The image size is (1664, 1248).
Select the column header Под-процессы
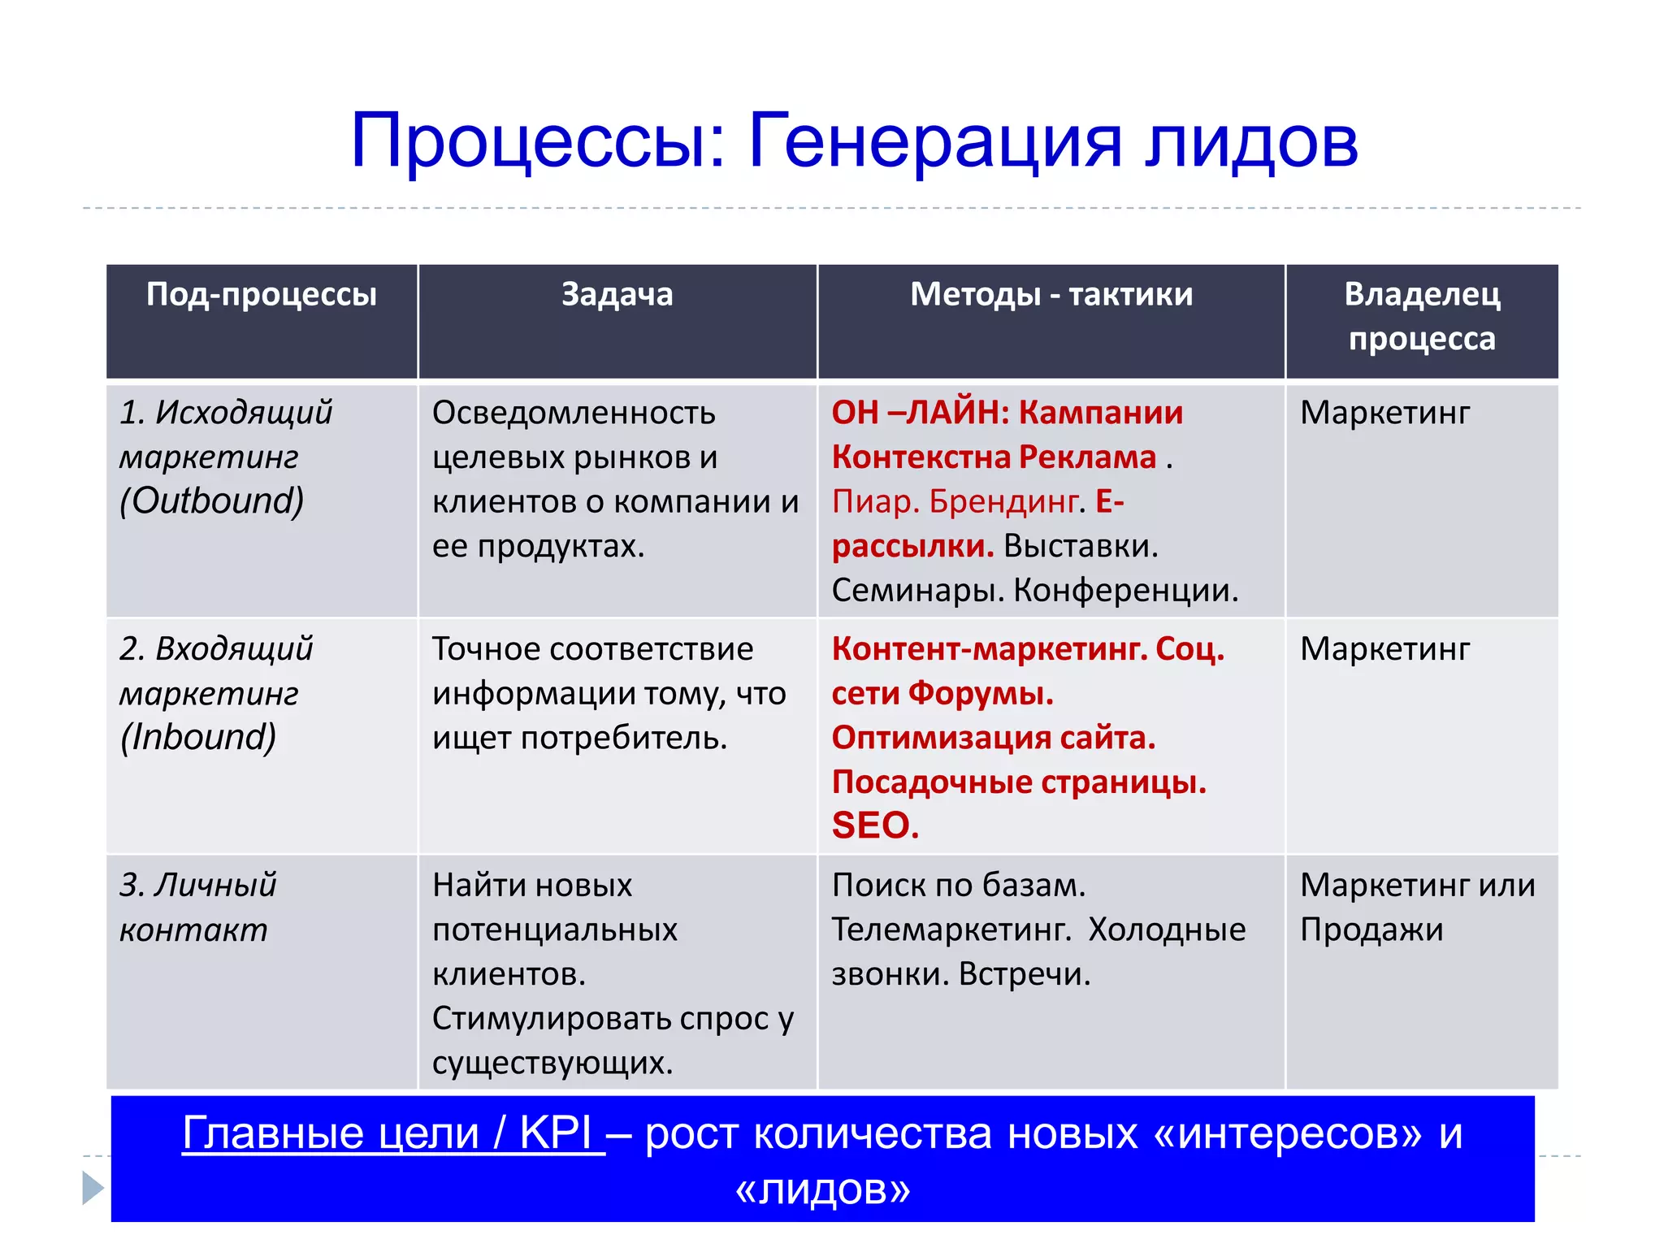(x=262, y=294)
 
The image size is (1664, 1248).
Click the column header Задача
(x=617, y=294)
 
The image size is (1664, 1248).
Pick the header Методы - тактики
(x=1051, y=294)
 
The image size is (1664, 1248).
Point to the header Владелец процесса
(x=1421, y=316)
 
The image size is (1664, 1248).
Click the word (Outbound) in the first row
(x=212, y=501)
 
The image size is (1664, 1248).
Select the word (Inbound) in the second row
(x=198, y=737)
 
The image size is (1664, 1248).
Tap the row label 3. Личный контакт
(x=197, y=907)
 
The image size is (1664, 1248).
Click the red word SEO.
(x=875, y=825)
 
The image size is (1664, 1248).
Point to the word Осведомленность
(x=574, y=413)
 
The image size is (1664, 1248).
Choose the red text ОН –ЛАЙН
(x=919, y=413)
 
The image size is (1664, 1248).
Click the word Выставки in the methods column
(x=1080, y=546)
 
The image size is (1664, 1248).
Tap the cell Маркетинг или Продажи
(x=1416, y=907)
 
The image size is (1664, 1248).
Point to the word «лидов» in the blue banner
(x=822, y=1189)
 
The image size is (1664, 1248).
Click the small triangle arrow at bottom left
(x=93, y=1188)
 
